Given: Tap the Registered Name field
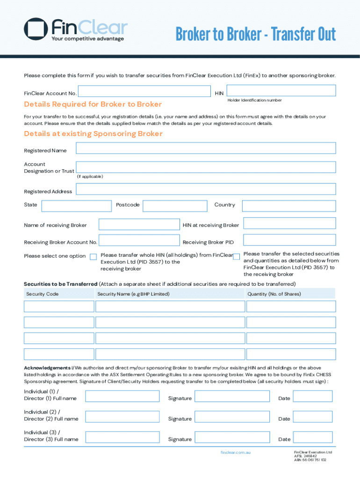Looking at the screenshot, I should point(206,148).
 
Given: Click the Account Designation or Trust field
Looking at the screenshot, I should point(206,167).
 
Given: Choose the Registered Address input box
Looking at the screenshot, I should point(206,189).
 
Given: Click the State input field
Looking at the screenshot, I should point(76,206).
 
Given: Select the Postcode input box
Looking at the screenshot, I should point(175,206).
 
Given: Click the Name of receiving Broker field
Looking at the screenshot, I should point(139,224).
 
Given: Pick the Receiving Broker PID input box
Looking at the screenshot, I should point(289,240).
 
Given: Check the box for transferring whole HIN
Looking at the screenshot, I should point(93,256).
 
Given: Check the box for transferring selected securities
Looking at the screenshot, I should point(236,256).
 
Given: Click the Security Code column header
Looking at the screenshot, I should point(43,294).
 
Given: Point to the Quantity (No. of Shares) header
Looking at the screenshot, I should point(274,294).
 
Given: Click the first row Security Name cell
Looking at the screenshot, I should point(170,306).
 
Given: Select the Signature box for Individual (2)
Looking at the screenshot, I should point(232,417).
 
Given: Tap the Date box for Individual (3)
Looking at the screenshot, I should point(312,437).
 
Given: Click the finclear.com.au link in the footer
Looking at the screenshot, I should point(236,453).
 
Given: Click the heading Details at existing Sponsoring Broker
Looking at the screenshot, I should point(93,134).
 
